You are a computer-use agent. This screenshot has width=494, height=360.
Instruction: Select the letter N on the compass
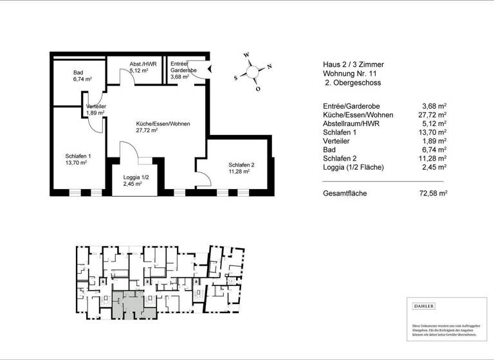pos(270,66)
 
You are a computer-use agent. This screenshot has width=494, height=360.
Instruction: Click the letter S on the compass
pos(235,77)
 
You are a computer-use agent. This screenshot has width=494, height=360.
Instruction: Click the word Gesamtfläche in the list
pos(345,193)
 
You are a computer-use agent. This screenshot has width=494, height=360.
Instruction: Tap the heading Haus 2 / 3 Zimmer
pos(353,64)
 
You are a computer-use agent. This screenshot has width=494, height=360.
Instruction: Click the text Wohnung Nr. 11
pos(350,74)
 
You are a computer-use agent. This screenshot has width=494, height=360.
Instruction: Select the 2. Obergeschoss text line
pos(352,84)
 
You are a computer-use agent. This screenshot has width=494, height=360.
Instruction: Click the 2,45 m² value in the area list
pos(435,167)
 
